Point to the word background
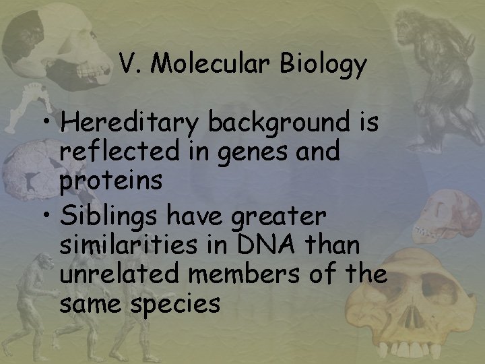point(288,125)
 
